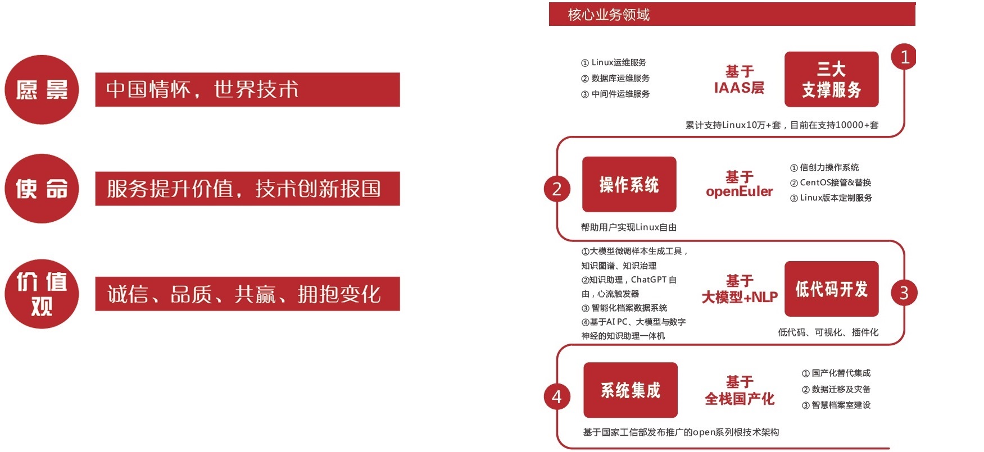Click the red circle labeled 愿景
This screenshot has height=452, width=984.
[x=42, y=90]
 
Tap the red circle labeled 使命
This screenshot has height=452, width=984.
[x=42, y=189]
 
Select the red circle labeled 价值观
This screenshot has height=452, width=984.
[x=42, y=294]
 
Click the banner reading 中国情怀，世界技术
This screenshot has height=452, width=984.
[x=247, y=90]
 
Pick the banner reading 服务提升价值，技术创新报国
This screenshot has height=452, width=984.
[x=247, y=189]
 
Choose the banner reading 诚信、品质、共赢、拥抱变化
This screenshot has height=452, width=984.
[x=247, y=294]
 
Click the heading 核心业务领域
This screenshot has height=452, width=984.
[x=609, y=15]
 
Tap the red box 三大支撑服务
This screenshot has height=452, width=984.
[x=831, y=79]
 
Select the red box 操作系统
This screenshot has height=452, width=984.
[x=629, y=184]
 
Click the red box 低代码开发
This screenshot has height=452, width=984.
[x=831, y=289]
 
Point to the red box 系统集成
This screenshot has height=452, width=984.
[x=630, y=390]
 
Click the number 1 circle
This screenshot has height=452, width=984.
[x=904, y=57]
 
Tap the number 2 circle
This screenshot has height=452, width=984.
[x=557, y=189]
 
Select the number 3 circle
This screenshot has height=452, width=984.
[x=904, y=293]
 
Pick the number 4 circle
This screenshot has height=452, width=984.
[x=557, y=396]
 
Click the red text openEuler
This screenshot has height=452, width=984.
[x=739, y=192]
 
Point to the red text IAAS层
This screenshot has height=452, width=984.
[x=739, y=88]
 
